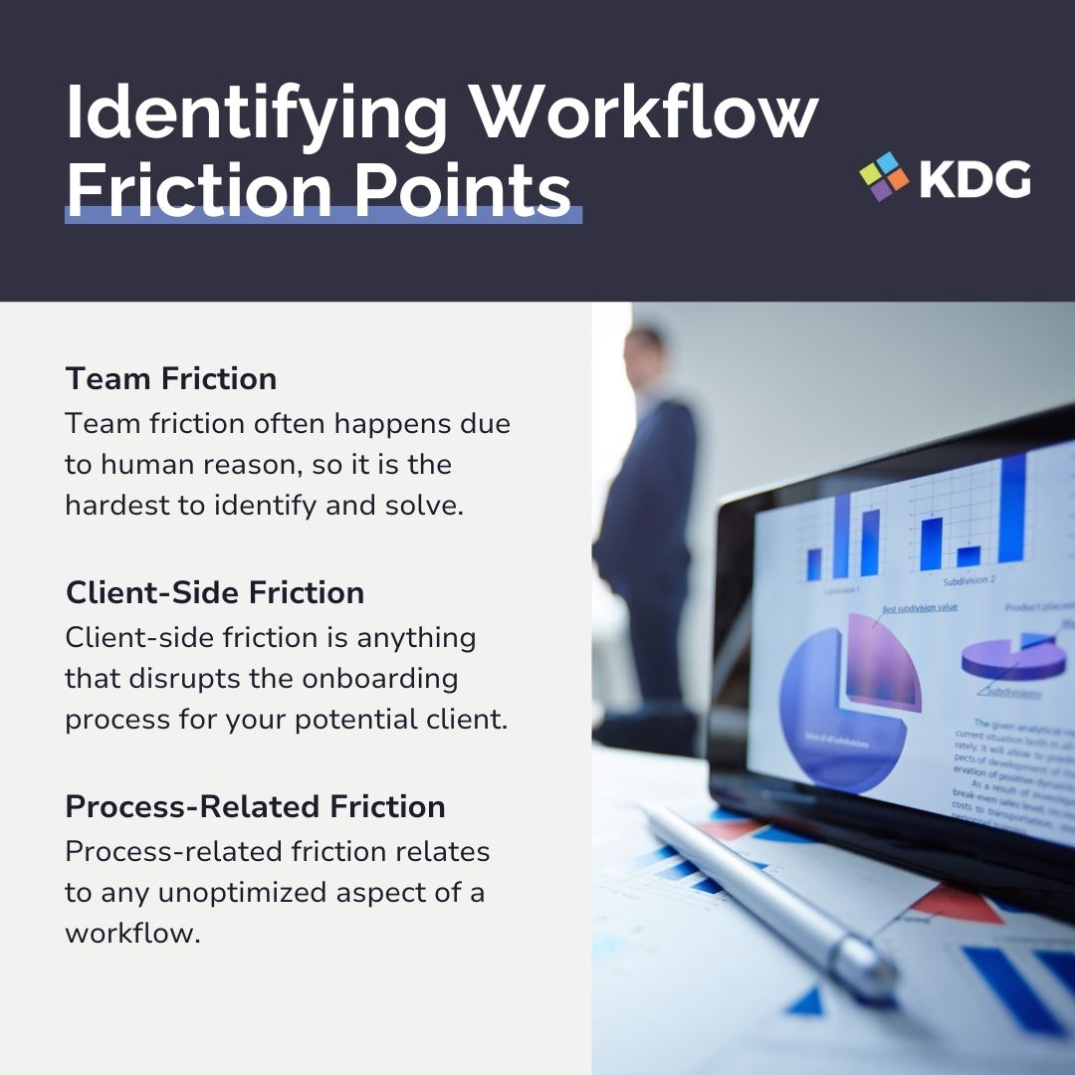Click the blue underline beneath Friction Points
[322, 215]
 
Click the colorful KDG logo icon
[884, 176]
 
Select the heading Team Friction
[170, 378]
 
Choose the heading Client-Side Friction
[214, 592]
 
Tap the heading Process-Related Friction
[255, 806]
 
